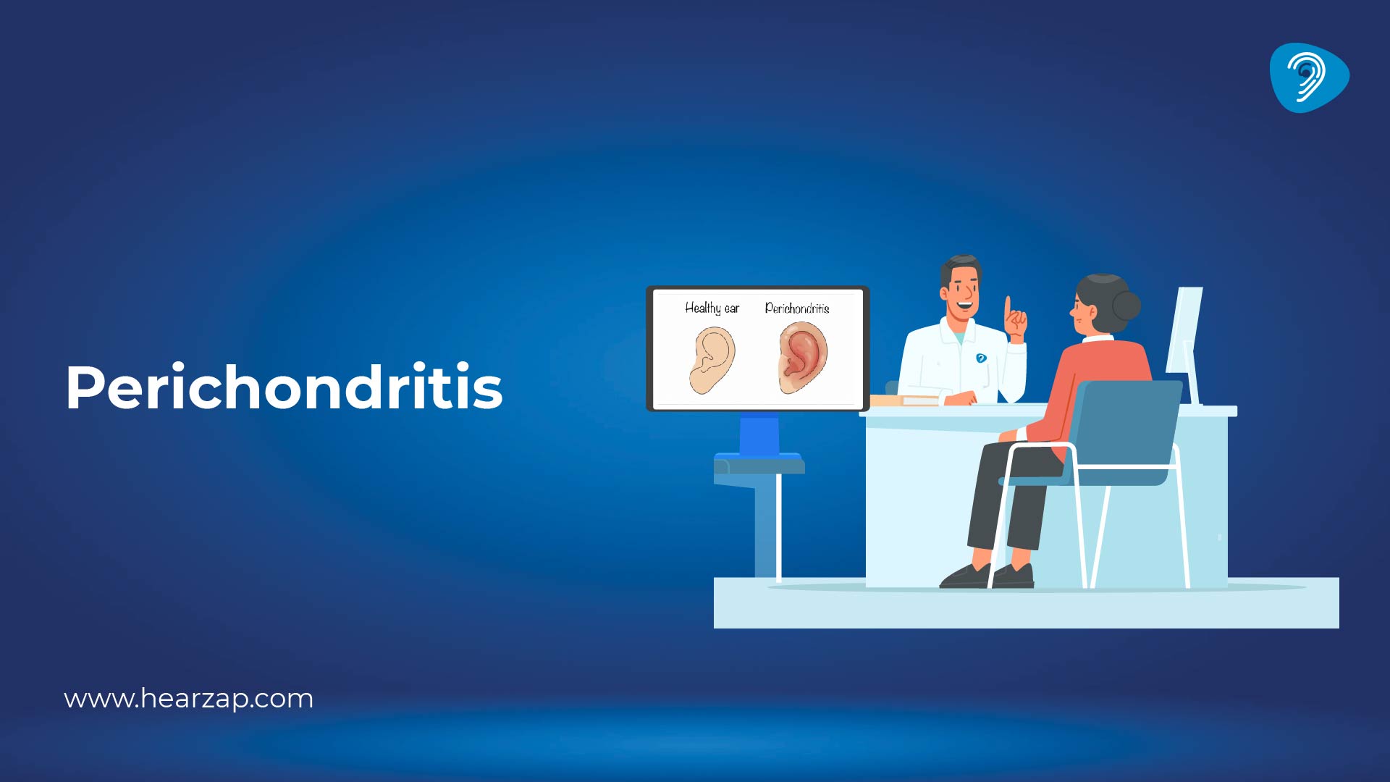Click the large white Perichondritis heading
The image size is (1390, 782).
coord(284,387)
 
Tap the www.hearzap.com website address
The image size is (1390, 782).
coord(188,699)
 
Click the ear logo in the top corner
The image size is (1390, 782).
coord(1308,77)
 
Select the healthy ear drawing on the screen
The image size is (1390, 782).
coord(712,359)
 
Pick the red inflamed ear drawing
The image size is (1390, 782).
coord(803,357)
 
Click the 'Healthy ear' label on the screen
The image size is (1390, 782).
coord(712,308)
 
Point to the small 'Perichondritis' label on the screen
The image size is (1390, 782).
coord(796,308)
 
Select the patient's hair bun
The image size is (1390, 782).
coord(1126,305)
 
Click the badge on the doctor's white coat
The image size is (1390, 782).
coord(981,358)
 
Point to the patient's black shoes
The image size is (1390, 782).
coord(988,576)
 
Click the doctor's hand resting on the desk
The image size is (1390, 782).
coord(959,398)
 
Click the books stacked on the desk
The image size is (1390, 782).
coord(901,400)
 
